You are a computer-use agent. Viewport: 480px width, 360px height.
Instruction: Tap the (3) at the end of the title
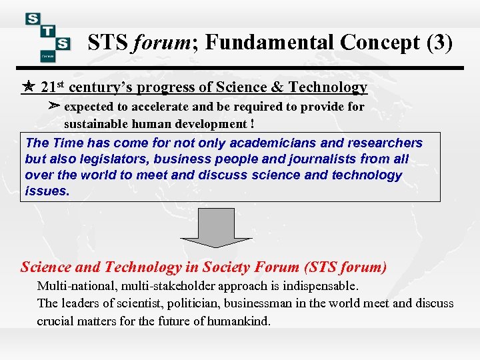[x=439, y=43]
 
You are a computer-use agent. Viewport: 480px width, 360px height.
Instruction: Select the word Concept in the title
[x=379, y=43]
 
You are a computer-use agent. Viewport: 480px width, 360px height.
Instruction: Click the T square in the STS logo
[x=47, y=32]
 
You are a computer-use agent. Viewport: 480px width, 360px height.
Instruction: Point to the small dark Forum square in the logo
[x=47, y=57]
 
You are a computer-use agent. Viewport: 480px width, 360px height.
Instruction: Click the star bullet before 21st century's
[x=29, y=87]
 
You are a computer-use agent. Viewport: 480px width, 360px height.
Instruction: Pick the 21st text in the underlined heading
[x=53, y=87]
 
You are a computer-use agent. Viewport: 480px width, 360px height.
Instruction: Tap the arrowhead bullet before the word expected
[x=55, y=106]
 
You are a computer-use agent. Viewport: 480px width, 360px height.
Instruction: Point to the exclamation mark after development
[x=252, y=124]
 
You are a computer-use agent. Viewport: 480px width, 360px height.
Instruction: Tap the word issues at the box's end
[x=47, y=191]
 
